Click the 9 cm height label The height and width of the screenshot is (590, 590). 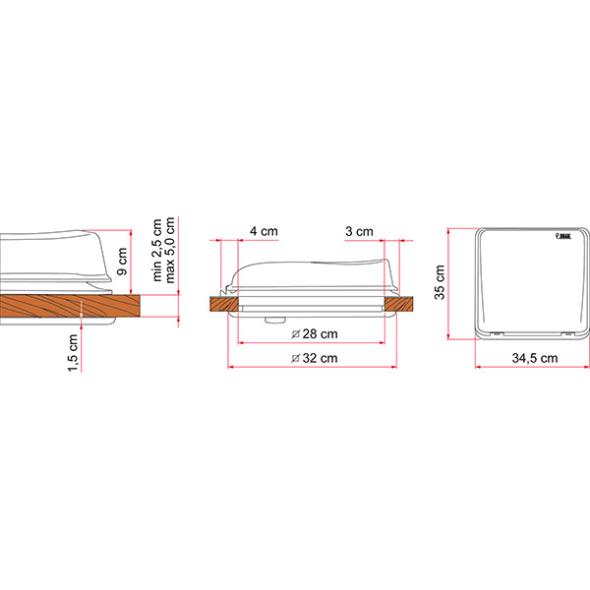coord(123,262)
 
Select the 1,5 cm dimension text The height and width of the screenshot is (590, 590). coord(73,353)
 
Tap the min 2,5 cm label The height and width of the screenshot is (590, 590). coord(157,250)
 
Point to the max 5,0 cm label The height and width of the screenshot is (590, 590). coord(170,250)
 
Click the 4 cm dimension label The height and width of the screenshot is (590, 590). coord(264,231)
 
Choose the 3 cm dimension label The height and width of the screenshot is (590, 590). coord(359,231)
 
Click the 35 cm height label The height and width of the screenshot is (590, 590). coord(440,282)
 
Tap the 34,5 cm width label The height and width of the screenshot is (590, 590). coord(535,358)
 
